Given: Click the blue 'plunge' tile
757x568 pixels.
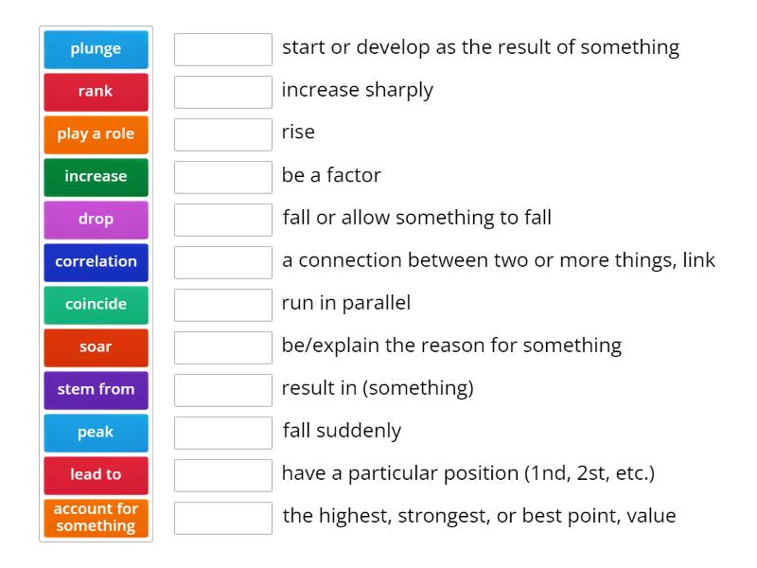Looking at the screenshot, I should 96,49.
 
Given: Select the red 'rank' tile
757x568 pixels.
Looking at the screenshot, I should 96,92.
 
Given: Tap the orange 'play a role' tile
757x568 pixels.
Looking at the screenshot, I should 96,134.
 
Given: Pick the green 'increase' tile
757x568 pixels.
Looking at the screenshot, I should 96,177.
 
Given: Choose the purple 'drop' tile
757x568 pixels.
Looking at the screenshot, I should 96,220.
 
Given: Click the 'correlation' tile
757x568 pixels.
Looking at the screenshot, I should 96,262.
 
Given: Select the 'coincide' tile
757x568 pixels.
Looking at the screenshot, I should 96,305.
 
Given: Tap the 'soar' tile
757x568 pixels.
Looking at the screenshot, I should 96,347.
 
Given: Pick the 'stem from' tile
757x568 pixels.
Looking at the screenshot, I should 96,390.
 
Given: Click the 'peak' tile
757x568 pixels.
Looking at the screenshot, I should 96,433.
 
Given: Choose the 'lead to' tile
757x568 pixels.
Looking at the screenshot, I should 96,475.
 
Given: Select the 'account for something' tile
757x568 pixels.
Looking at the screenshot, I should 96,518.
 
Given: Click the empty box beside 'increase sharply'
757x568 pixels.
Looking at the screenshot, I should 223,92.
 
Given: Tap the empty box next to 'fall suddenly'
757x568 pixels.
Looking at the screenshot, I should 223,433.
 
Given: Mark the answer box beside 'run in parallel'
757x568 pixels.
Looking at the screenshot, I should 223,305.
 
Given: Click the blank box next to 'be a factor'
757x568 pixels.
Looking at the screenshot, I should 223,177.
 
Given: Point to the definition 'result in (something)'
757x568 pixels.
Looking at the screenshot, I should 378,388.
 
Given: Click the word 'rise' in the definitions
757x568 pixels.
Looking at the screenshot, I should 298,133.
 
